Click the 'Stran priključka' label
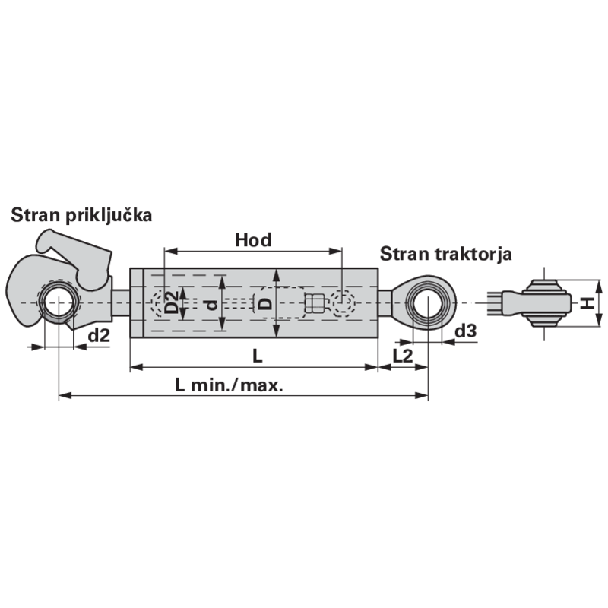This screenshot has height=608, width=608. (81, 215)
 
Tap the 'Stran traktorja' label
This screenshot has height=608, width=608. (446, 255)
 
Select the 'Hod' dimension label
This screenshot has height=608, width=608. (253, 240)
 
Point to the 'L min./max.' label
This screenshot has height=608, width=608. (230, 385)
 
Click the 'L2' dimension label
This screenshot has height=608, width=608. (403, 356)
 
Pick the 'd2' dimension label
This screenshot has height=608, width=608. (100, 335)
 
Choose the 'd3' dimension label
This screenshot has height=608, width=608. (465, 331)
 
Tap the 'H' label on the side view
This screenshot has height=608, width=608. (587, 302)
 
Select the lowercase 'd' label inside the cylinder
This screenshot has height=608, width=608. (211, 306)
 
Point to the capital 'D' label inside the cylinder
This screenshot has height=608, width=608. (265, 303)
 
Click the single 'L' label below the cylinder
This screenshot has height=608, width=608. (258, 356)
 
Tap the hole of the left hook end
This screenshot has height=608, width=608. (58, 302)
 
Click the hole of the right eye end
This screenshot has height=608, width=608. (427, 302)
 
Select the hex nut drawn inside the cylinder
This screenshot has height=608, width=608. (314, 302)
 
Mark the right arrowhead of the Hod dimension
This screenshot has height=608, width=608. (336, 251)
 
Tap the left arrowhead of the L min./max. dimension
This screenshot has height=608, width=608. (65, 395)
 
